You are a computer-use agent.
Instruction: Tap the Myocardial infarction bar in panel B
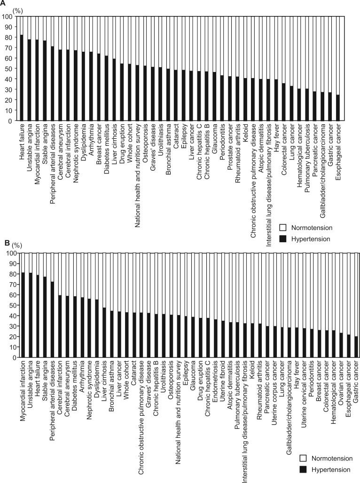pyautogui.click(x=23, y=315)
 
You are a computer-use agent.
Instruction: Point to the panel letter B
pyautogui.click(x=6, y=243)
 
